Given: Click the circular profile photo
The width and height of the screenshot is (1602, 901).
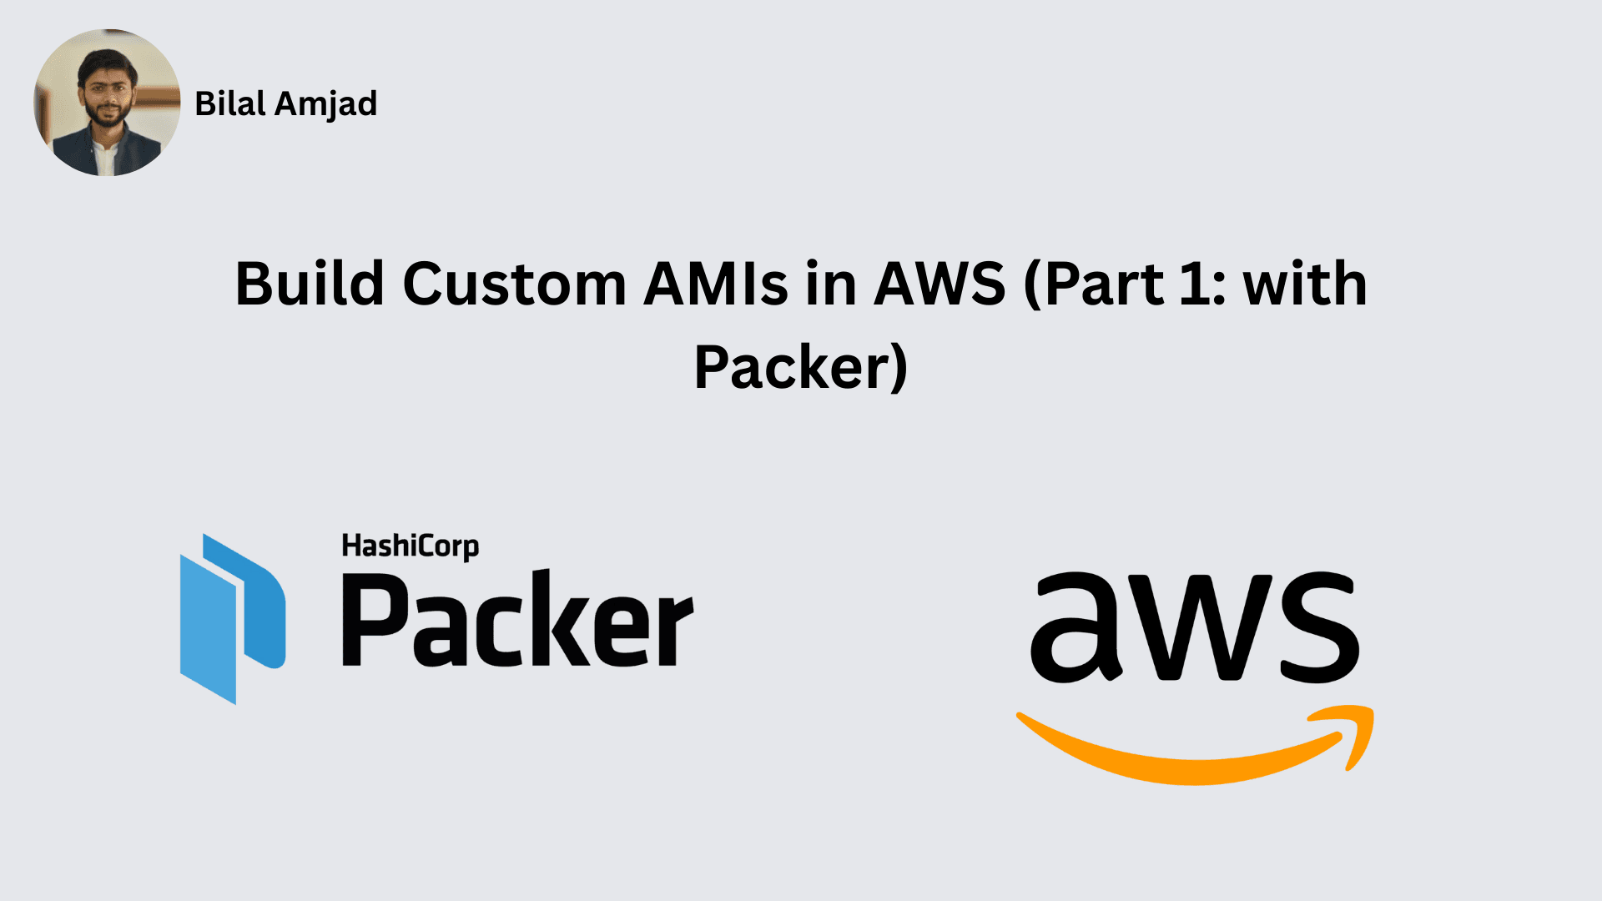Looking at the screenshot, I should point(107,103).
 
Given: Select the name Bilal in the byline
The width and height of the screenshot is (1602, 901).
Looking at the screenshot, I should point(229,103).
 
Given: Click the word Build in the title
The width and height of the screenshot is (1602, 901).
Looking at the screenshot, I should point(309,284).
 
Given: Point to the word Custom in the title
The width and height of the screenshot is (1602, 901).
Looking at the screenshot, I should point(514,284).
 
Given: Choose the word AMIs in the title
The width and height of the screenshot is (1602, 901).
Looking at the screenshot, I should point(716,284).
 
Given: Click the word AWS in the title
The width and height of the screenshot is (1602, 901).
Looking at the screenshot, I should point(940,284).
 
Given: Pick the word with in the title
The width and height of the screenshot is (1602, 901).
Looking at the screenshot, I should point(1305,284).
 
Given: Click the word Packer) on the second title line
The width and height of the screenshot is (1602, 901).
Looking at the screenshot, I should point(801,367).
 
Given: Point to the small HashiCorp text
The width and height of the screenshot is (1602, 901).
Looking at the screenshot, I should point(410,546).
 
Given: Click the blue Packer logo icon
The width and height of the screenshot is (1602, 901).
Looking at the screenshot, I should point(233,618).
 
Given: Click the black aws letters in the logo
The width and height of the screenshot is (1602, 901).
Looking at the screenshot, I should point(1195,627).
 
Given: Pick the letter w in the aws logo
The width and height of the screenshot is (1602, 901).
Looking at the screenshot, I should point(1195,627).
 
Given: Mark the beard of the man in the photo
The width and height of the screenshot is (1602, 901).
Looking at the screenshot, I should point(106,116).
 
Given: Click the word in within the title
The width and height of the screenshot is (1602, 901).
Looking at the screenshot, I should point(830,284).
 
